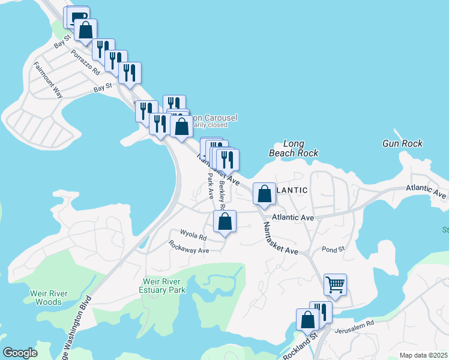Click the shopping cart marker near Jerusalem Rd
pyautogui.click(x=335, y=284)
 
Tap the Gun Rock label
pyautogui.click(x=402, y=143)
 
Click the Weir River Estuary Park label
pyautogui.click(x=164, y=285)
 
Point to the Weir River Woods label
pyautogui.click(x=49, y=298)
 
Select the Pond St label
pyautogui.click(x=334, y=249)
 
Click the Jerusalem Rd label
pyautogui.click(x=354, y=323)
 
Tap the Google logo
pyautogui.click(x=20, y=353)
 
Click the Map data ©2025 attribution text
pyautogui.click(x=423, y=355)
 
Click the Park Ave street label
pyautogui.click(x=211, y=186)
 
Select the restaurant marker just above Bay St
pyautogui.click(x=130, y=73)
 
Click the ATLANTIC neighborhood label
pyautogui.click(x=292, y=190)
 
